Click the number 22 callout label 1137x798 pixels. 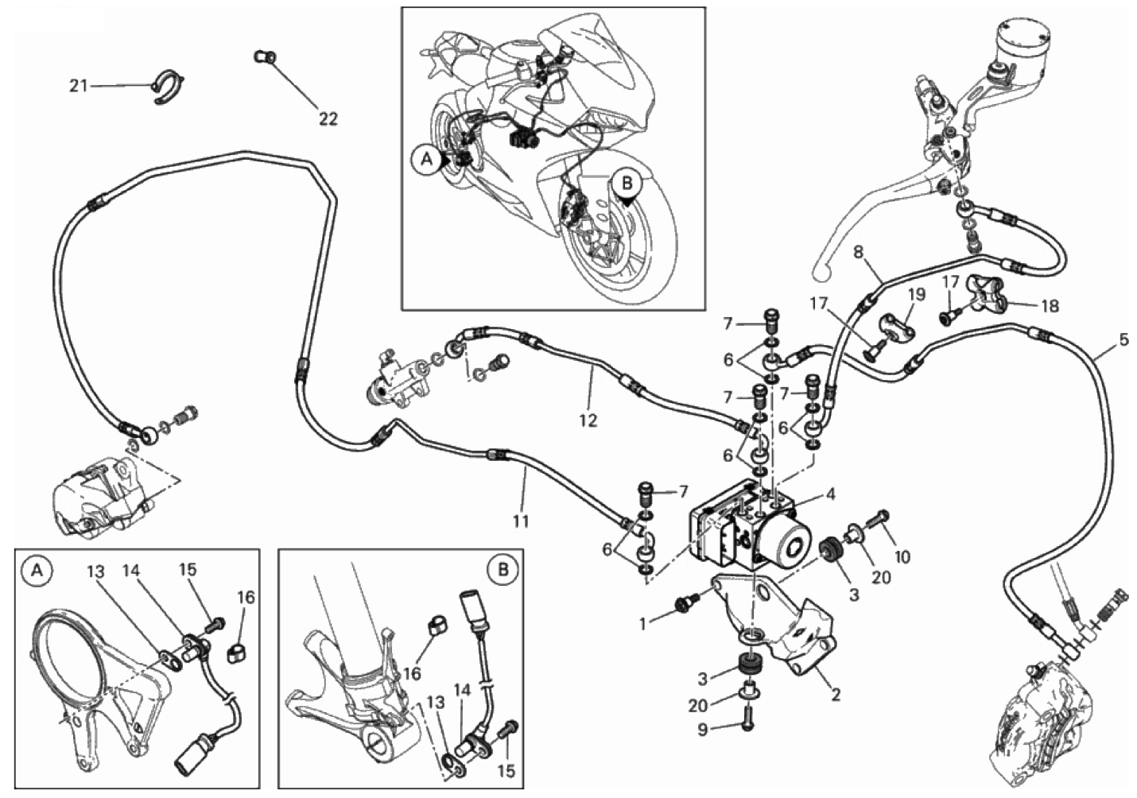click(x=328, y=119)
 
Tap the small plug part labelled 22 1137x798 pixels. click(x=265, y=56)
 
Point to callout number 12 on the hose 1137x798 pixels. click(x=588, y=421)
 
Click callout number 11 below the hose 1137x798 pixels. click(x=520, y=521)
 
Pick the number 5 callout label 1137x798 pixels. click(x=1123, y=340)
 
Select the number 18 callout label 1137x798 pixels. click(x=1050, y=304)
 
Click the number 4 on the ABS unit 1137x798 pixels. click(x=829, y=494)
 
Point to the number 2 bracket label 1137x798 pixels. click(x=835, y=695)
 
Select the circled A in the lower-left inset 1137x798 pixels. click(x=36, y=569)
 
